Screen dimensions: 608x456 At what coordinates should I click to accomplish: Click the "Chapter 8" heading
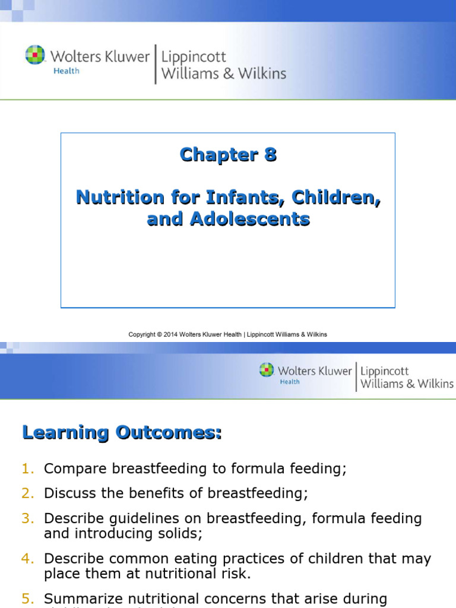coord(228,155)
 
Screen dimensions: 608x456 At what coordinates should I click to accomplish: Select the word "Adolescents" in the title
coord(249,219)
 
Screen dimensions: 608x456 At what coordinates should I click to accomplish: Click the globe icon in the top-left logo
coord(36,55)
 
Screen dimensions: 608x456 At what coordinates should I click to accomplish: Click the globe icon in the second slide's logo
coord(267,370)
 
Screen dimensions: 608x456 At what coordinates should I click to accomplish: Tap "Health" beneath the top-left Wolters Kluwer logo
coord(65,71)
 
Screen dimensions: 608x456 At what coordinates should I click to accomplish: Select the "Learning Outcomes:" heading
coord(122,433)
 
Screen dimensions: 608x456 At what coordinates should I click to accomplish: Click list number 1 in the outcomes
coord(28,468)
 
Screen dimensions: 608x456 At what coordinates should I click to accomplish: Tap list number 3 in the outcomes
coord(28,518)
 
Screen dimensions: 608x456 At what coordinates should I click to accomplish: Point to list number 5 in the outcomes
coord(28,598)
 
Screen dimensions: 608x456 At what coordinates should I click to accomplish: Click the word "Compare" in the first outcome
coord(75,468)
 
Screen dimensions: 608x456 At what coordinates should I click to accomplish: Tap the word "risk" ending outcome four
coord(236,574)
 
